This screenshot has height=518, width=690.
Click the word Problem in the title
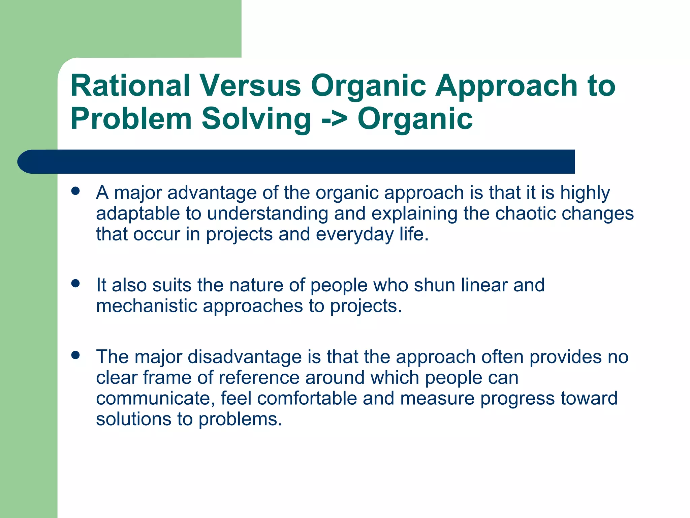[x=131, y=119]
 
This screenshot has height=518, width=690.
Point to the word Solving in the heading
[x=256, y=119]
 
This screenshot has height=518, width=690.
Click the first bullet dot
[x=75, y=192]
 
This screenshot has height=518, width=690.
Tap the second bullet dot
[x=75, y=283]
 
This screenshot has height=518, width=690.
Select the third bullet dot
[x=75, y=355]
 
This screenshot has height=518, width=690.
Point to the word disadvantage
[x=245, y=357]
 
